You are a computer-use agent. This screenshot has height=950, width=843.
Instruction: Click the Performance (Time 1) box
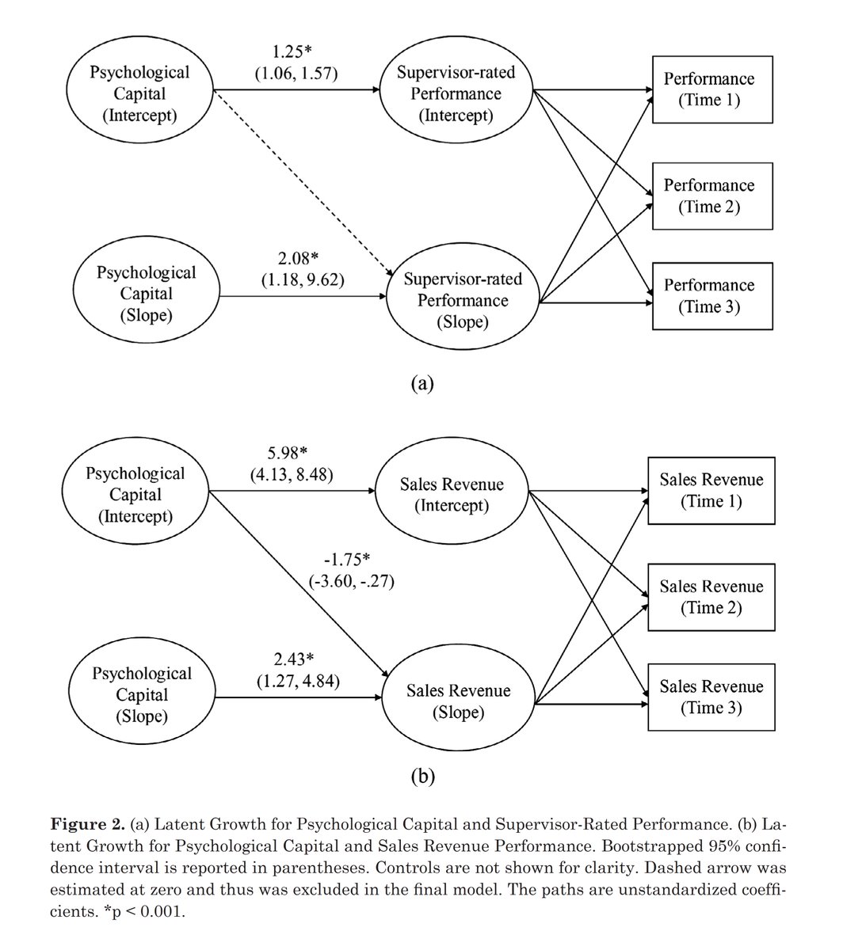tap(711, 89)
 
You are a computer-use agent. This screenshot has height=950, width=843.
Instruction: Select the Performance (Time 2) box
tap(711, 196)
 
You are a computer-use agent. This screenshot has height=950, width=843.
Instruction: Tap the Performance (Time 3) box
tap(711, 295)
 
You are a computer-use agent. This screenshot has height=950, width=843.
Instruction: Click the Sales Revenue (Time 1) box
tap(711, 491)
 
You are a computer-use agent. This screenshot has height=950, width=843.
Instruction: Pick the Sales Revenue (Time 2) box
tap(711, 597)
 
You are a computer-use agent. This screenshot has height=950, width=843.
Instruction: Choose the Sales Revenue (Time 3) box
tap(711, 697)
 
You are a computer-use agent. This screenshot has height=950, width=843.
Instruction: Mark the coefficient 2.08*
tap(297, 260)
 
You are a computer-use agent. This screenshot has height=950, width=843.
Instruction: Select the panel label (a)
tap(421, 383)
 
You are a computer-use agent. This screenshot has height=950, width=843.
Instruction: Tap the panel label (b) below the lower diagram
tap(421, 777)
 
